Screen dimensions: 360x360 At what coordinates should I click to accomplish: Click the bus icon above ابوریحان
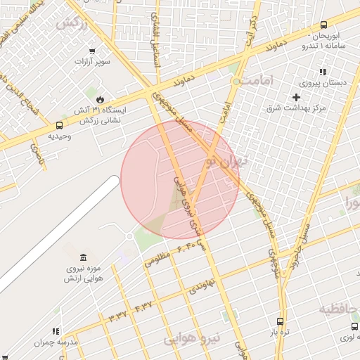(323, 24)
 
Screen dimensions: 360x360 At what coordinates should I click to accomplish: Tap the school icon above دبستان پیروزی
(323, 72)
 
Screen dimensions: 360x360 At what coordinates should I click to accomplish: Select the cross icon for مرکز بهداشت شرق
(296, 97)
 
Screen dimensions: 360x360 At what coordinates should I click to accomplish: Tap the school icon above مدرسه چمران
(56, 331)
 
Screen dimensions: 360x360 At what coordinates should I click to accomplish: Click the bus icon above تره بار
(281, 321)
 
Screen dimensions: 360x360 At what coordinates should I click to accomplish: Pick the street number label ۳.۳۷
(117, 314)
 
